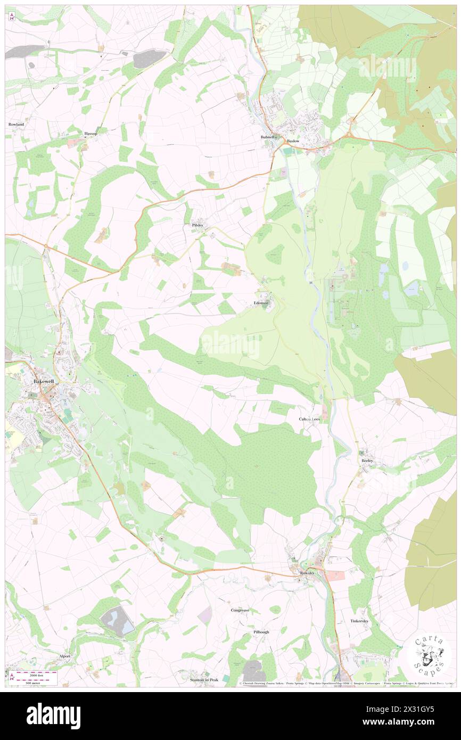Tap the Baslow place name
(293, 141)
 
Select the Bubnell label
(268, 137)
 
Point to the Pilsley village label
(197, 225)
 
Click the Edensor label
(261, 303)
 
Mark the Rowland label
(17, 124)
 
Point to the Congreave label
(240, 610)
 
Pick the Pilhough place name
(261, 632)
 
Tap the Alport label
(65, 656)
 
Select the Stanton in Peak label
(204, 680)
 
